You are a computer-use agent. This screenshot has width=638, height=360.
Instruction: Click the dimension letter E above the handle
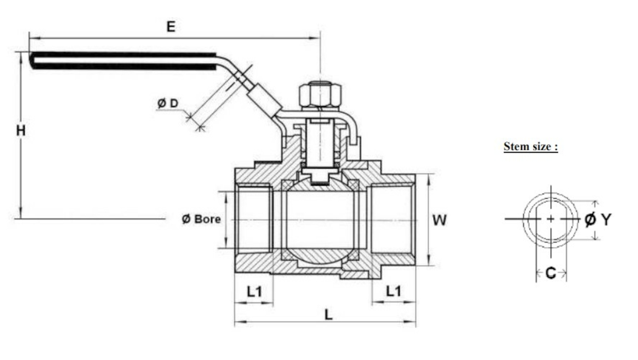tap(171, 27)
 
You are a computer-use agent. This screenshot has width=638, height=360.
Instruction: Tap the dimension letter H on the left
tap(21, 131)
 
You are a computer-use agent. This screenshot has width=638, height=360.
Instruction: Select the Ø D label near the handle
tap(168, 103)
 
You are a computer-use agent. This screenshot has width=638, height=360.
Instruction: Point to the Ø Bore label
tap(201, 219)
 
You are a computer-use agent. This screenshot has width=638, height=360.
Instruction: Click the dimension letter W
tap(440, 220)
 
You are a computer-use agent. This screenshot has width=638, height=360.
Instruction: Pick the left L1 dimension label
tap(254, 291)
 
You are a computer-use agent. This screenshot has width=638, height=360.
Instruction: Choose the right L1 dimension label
tap(393, 291)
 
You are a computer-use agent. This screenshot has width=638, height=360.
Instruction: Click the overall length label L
tap(329, 315)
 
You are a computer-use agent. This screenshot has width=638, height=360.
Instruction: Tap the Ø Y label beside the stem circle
tap(598, 219)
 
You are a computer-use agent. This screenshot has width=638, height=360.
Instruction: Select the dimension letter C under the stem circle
tap(551, 273)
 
